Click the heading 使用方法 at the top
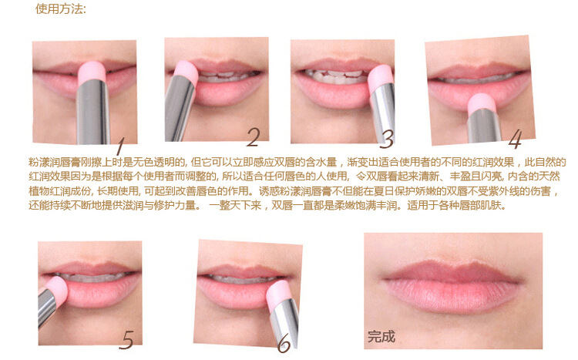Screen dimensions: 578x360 pos(61,9)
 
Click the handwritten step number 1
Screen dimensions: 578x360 pos(120,146)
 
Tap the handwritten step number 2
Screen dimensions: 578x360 pos(254,137)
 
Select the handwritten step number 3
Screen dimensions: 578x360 pos(387,139)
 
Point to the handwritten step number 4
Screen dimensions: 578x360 pos(516,140)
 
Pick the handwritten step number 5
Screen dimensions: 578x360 pos(126,339)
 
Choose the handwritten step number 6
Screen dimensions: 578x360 pos(284,344)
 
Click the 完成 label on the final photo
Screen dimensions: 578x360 pos(381,336)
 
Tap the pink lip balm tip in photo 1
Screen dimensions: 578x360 pos(92,72)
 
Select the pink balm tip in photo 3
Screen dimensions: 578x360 pos(381,78)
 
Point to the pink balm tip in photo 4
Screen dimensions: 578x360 pos(482,103)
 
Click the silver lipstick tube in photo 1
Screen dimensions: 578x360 pos(93,113)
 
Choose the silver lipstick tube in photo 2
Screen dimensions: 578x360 pos(179,111)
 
